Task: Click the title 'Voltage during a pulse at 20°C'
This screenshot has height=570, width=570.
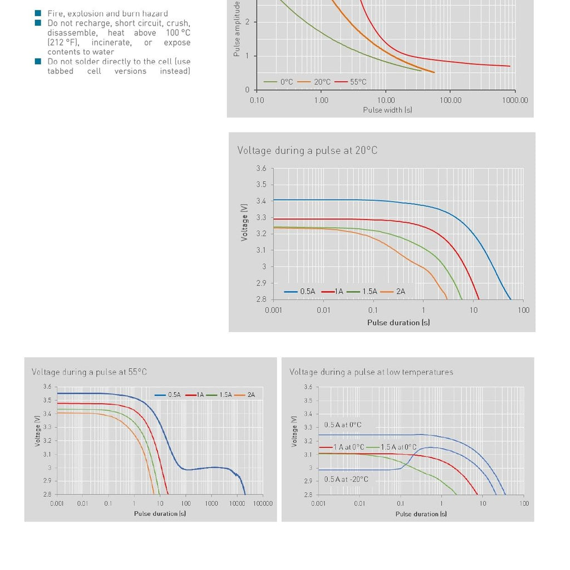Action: [x=307, y=150]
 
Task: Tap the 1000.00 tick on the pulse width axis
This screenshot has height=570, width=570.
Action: [x=514, y=100]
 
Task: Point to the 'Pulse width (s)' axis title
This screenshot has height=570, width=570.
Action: [x=387, y=110]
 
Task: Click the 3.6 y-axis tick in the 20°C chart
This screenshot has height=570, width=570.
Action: [x=261, y=168]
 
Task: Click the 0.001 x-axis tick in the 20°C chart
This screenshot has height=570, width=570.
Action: [x=273, y=310]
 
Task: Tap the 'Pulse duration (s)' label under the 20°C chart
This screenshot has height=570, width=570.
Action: [x=398, y=322]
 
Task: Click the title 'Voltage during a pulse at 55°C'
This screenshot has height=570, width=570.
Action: [x=89, y=372]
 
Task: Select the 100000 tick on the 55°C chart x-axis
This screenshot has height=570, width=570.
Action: [x=263, y=503]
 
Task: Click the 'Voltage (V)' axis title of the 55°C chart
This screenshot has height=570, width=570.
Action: [x=38, y=430]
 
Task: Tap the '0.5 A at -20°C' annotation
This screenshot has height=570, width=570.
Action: [x=346, y=479]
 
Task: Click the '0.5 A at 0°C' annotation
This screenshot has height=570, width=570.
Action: [x=342, y=425]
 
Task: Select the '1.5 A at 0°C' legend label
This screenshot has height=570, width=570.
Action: [x=398, y=447]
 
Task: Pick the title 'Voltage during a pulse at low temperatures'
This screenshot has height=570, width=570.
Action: [x=371, y=372]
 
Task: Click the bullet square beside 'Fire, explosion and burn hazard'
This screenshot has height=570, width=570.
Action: [x=38, y=13]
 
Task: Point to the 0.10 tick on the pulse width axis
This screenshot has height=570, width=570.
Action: [x=257, y=100]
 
